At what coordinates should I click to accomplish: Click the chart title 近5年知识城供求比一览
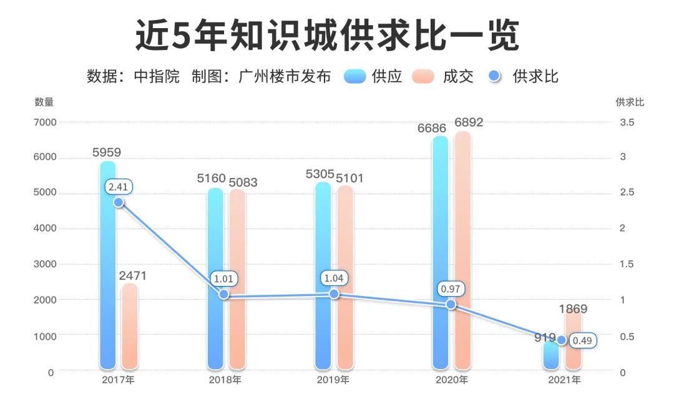(327, 36)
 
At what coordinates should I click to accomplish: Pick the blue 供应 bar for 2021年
(550, 356)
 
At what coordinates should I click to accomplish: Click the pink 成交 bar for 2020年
(462, 250)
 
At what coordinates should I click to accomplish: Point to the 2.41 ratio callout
(120, 187)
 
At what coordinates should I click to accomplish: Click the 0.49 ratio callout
(583, 341)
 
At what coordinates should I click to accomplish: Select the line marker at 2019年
(334, 293)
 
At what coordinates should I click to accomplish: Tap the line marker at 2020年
(451, 305)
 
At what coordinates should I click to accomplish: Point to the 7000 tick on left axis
(44, 122)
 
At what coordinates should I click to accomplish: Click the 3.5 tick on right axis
(627, 122)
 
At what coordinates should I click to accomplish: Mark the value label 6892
(469, 122)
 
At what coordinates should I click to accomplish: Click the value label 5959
(107, 152)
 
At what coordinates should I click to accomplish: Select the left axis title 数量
(44, 102)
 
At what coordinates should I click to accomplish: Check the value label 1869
(573, 308)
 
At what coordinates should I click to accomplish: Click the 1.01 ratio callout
(224, 278)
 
